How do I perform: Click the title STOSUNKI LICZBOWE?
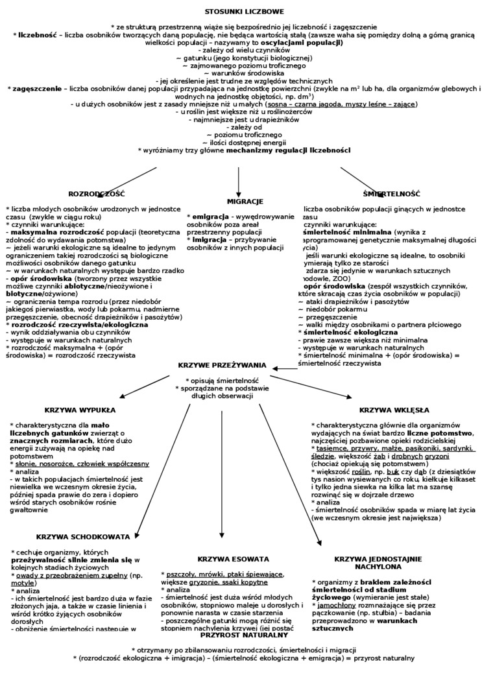[x=244, y=12]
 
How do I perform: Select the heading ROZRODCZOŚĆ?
[x=97, y=194]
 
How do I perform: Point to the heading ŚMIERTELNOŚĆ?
[x=392, y=194]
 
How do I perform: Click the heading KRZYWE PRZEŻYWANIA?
[x=222, y=365]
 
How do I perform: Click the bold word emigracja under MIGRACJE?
[x=211, y=216]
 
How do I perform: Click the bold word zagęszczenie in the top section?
[x=37, y=88]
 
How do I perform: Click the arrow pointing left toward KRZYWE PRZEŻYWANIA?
[x=284, y=368]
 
